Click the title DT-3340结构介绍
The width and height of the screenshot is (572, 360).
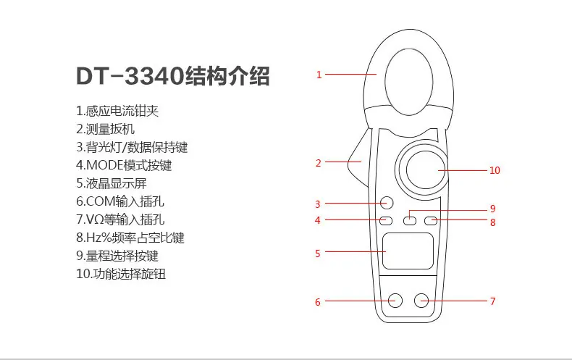point(173,76)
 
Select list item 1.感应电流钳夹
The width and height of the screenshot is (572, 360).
point(117,111)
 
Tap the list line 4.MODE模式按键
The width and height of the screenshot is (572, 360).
point(124,165)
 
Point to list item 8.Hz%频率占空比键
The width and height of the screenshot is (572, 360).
point(130,238)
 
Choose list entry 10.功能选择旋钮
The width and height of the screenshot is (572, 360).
point(121,274)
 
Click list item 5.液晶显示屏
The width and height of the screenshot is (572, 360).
point(112,183)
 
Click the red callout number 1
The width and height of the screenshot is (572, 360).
point(319,75)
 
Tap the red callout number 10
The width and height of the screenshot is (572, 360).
point(495,170)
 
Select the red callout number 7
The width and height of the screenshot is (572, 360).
point(493,301)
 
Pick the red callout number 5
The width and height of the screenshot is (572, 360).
point(318,254)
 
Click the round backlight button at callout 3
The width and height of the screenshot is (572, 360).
point(387,203)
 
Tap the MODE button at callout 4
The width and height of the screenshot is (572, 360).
point(386,220)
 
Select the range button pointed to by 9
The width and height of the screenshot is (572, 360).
point(410,220)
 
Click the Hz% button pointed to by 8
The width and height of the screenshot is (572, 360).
point(432,220)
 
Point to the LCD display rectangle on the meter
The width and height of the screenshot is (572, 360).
point(408,251)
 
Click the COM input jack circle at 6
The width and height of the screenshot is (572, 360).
point(395,301)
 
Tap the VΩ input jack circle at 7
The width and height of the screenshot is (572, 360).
point(421,301)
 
